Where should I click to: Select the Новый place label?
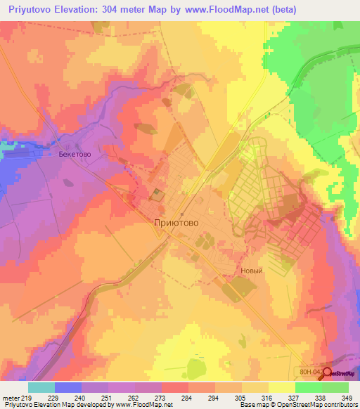tap(251, 271)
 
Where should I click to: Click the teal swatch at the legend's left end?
tap(41, 387)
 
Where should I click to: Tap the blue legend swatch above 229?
tap(68, 387)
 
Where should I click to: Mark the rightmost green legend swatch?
tap(335, 387)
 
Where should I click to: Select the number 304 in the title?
tap(110, 10)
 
